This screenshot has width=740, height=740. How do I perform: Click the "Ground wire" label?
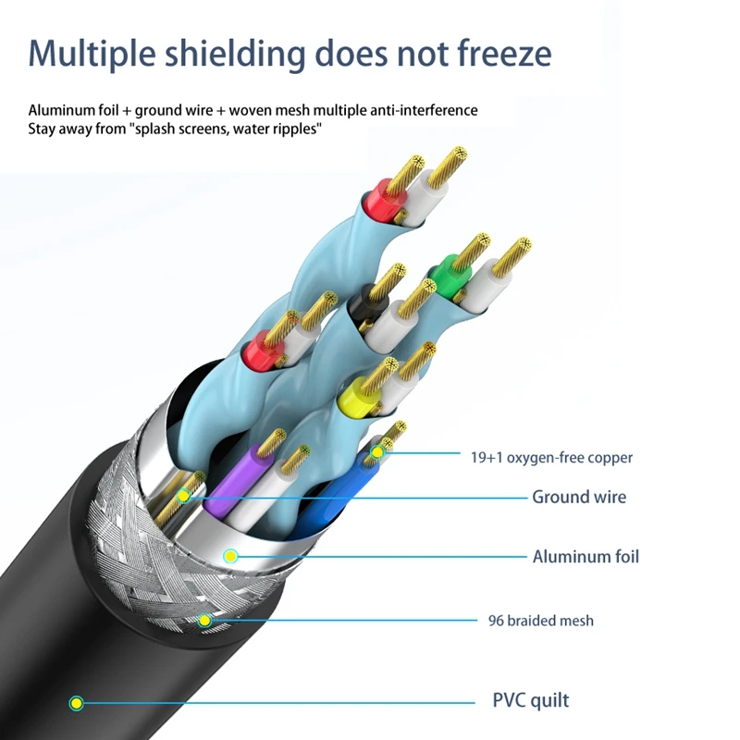tap(578, 497)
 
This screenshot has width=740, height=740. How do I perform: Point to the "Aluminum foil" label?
tap(586, 556)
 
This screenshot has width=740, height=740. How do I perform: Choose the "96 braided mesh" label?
tap(541, 620)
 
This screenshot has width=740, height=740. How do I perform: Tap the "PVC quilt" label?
tap(530, 699)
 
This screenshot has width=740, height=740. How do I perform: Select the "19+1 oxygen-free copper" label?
tap(551, 457)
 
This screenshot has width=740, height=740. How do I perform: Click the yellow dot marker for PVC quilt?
tap(77, 703)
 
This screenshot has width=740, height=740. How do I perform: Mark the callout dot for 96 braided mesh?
tap(204, 621)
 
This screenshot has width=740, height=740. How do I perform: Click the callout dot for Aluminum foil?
tap(230, 556)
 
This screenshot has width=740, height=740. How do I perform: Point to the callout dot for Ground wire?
tap(184, 497)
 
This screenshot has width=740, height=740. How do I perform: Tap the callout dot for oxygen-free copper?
tap(376, 452)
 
